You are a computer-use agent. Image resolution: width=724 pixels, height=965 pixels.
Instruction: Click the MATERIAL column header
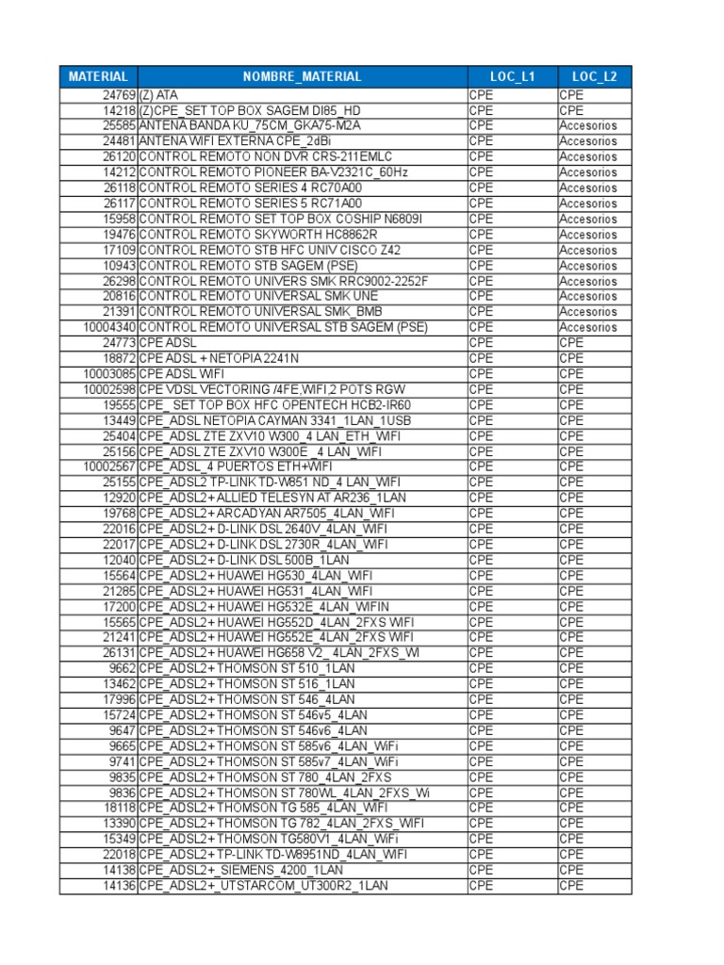[x=98, y=77]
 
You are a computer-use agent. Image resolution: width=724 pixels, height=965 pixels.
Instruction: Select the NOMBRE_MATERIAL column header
[x=302, y=77]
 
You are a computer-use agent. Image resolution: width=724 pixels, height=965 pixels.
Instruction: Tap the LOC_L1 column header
[x=512, y=77]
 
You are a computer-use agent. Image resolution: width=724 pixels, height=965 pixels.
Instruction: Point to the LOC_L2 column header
[x=594, y=77]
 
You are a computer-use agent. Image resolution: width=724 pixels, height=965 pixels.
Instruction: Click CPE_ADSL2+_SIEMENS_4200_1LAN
[x=241, y=870]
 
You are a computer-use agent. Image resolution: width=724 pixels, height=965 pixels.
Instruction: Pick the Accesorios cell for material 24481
[x=587, y=141]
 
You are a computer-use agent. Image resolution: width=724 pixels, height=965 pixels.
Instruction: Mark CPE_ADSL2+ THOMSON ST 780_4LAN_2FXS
[x=265, y=777]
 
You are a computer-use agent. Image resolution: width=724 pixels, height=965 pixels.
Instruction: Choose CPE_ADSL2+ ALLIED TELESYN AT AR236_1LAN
[x=273, y=498]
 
